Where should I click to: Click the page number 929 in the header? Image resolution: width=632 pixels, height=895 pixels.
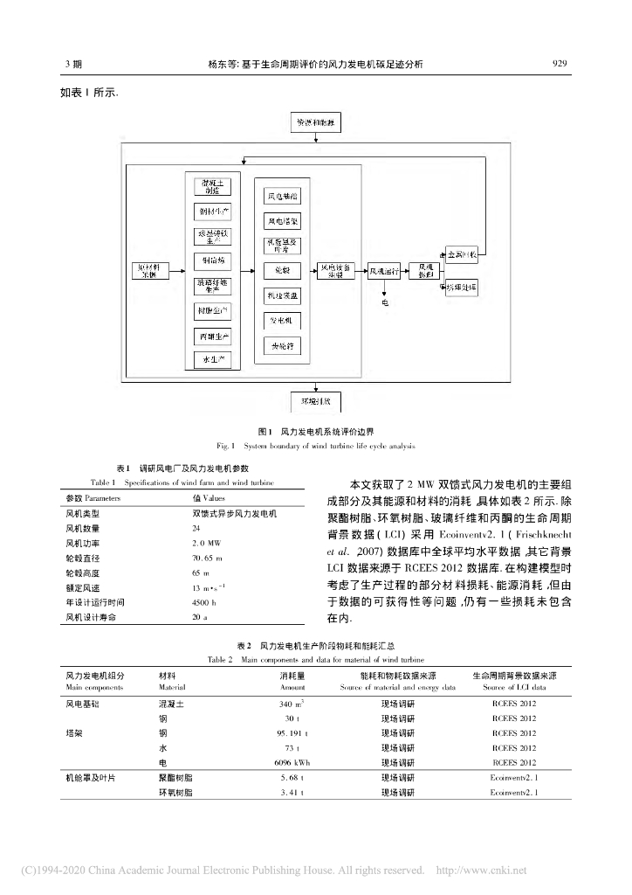(560, 64)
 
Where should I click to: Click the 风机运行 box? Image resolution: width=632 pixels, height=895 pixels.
(384, 272)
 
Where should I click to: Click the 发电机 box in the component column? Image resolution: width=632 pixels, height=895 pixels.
(283, 321)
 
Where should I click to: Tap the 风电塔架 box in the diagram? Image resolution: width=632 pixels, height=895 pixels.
(283, 221)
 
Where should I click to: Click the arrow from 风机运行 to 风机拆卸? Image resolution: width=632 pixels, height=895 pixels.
(408, 272)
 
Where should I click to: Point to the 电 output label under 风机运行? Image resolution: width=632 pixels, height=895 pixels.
(385, 302)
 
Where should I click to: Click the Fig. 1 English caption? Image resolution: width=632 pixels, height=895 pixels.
(315, 446)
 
